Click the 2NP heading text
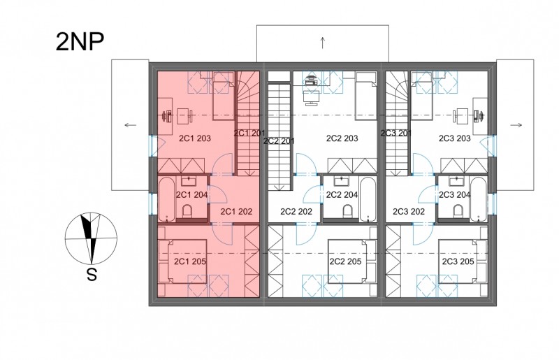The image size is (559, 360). (x=80, y=41)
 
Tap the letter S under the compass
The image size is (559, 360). (x=92, y=275)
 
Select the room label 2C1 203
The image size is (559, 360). (x=195, y=138)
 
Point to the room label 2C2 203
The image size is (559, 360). (x=342, y=138)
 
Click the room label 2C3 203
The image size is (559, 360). (x=455, y=138)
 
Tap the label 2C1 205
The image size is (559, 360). (x=190, y=261)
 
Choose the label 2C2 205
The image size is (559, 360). (x=345, y=261)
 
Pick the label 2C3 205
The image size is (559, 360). (x=458, y=261)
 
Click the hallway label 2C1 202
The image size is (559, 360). (x=236, y=212)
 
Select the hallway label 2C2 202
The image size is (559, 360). (x=296, y=212)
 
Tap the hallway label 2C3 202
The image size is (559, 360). (x=409, y=212)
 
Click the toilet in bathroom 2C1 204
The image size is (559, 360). (x=187, y=211)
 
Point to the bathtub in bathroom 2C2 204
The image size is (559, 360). (x=368, y=199)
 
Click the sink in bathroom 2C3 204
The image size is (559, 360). (x=455, y=181)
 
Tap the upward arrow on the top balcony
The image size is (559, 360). (x=323, y=43)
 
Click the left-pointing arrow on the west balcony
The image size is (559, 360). (x=131, y=125)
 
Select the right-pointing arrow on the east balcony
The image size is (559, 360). (x=516, y=125)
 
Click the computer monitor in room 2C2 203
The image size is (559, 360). (x=310, y=98)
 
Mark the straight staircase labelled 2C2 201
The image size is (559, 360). (x=279, y=136)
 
